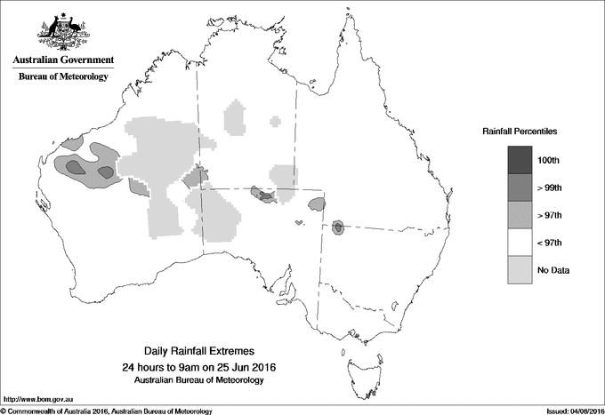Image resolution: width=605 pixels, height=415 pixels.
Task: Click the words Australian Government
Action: pyautogui.click(x=62, y=60)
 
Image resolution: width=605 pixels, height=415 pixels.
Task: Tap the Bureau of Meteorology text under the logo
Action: pyautogui.click(x=62, y=77)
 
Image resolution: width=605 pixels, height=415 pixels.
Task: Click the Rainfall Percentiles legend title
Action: pyautogui.click(x=520, y=132)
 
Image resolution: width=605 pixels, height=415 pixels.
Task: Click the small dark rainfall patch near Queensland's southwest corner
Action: pyautogui.click(x=338, y=227)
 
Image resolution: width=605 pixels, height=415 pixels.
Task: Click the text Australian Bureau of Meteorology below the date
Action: pyautogui.click(x=198, y=380)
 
